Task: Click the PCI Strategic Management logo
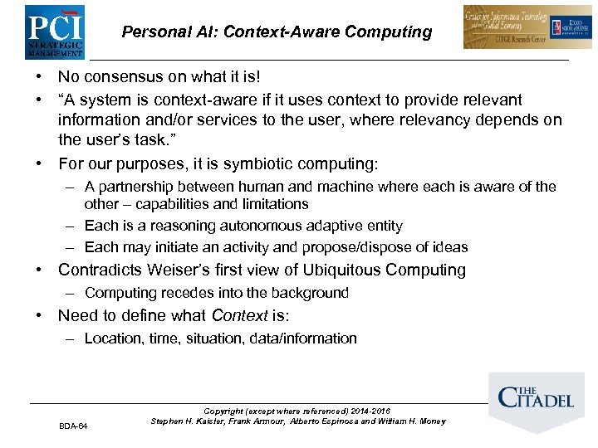(x=55, y=32)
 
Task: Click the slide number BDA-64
(x=73, y=426)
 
